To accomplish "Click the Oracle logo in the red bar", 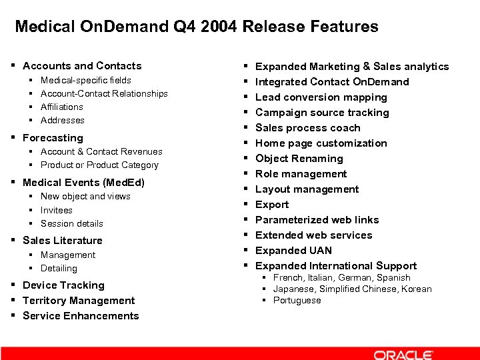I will [403, 355].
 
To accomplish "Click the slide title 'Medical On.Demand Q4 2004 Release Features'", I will [196, 27].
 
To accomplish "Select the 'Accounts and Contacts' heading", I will [82, 66].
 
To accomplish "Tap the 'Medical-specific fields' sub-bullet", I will [86, 80].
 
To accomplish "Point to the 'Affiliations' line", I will [62, 107].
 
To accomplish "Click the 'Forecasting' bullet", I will [53, 138].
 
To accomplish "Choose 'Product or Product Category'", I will [99, 165].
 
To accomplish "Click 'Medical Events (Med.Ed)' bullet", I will [83, 183].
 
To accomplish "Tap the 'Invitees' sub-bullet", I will [57, 210].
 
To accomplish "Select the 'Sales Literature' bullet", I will [63, 241].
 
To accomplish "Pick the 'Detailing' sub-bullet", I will [59, 268].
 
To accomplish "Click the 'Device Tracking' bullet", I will [63, 285].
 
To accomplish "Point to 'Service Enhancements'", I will [81, 316].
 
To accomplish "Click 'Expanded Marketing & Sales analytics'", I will [352, 67].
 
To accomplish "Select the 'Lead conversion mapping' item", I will [321, 97].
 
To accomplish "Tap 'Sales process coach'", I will [308, 128].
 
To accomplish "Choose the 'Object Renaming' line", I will [299, 159].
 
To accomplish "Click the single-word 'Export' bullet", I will [272, 205].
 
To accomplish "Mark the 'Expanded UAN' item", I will [293, 251].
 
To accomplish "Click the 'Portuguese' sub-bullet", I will [297, 300].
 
